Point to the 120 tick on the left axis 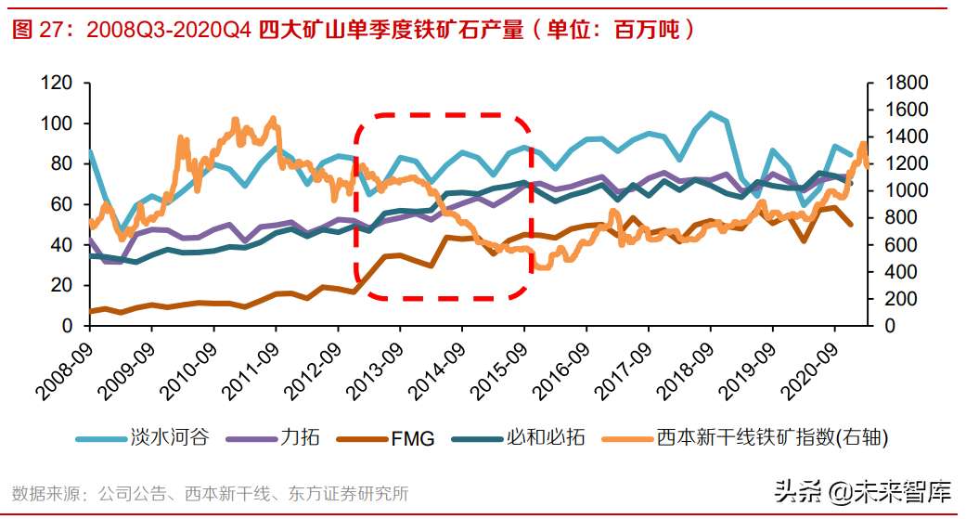pyautogui.click(x=58, y=84)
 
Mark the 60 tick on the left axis pyautogui.click(x=62, y=205)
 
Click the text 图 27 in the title pyautogui.click(x=34, y=30)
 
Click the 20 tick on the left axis pyautogui.click(x=62, y=286)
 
